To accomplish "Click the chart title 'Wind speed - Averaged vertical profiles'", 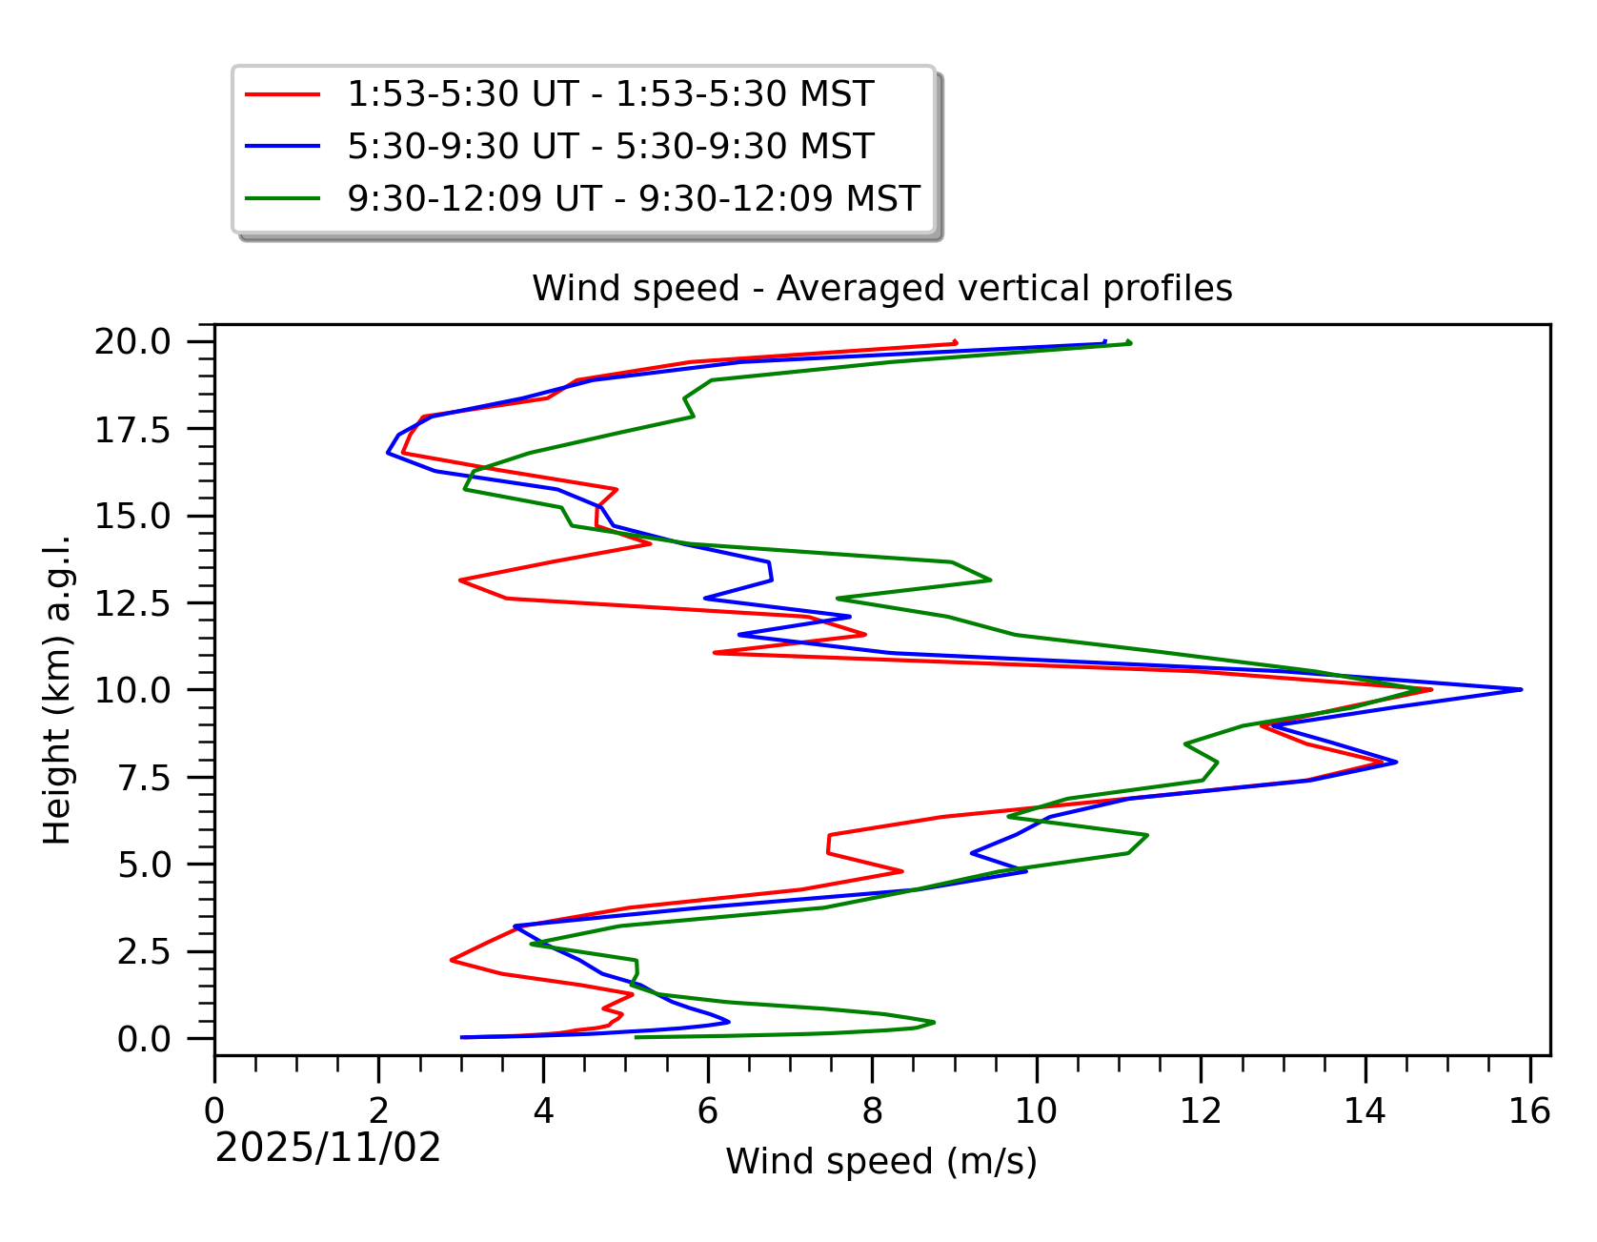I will (881, 288).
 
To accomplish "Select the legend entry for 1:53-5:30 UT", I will (610, 94).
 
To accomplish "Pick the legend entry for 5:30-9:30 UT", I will (610, 147).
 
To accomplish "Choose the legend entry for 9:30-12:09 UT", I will (633, 198).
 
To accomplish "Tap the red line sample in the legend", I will (282, 94).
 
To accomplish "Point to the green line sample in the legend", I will (282, 198).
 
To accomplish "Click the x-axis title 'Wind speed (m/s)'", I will (881, 1161).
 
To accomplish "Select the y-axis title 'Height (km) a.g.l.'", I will (57, 690).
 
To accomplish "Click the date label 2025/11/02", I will (328, 1148).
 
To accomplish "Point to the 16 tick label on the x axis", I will (1529, 1111).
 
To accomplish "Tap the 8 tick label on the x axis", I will (872, 1111).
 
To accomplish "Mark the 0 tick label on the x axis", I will (214, 1111).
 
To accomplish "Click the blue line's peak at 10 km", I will (1521, 689).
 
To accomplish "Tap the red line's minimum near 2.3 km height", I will (452, 960).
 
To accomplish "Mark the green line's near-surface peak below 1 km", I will (933, 1022).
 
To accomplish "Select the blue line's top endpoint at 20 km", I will (1104, 342).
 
